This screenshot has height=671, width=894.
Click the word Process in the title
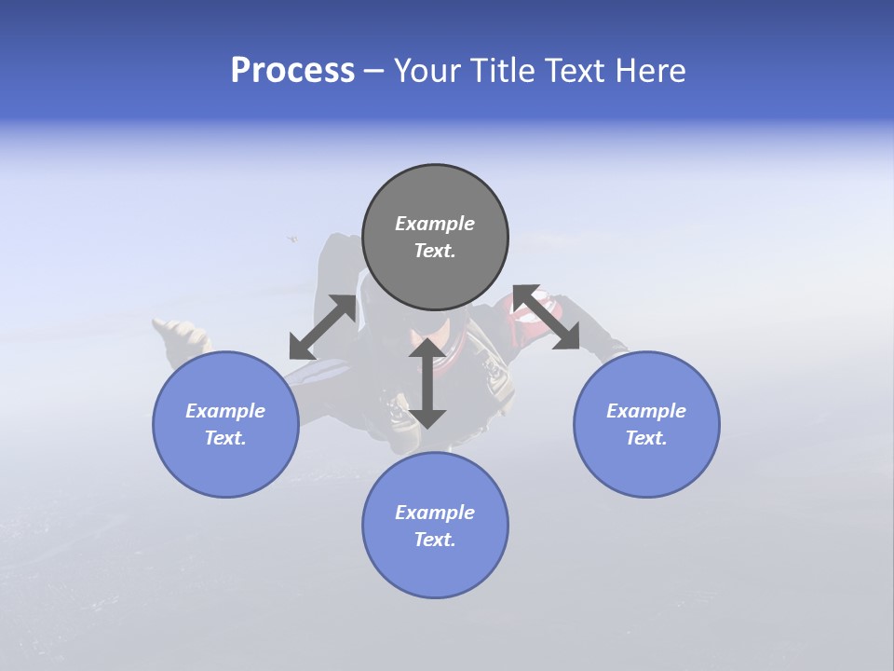coord(292,71)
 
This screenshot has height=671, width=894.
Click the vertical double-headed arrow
coord(427,383)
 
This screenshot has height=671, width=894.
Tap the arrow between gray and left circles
coord(323,327)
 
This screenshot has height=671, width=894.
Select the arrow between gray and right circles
coord(547,318)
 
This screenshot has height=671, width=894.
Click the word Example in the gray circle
coord(435,224)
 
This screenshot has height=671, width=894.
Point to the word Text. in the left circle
coord(225,438)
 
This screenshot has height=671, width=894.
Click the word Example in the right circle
coord(646,411)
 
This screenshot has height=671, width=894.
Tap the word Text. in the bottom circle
coord(435,540)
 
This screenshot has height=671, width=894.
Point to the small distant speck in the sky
coord(292,240)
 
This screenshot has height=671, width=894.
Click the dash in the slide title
coord(374,71)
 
